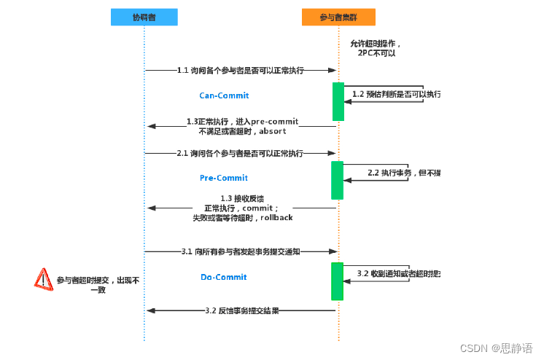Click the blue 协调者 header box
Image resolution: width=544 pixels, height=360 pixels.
tap(144, 17)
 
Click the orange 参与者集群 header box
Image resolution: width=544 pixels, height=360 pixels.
tap(338, 17)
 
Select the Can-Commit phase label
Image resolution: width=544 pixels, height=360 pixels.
tap(224, 95)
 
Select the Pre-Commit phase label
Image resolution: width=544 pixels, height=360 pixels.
tap(224, 178)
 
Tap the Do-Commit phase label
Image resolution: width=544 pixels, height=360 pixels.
tap(224, 277)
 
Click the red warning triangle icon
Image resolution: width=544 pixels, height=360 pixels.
tap(44, 279)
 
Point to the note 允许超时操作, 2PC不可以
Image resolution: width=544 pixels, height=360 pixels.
tap(376, 49)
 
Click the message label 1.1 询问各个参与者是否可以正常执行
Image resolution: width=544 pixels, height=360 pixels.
tap(241, 71)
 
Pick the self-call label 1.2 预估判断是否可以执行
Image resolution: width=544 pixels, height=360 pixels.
tap(396, 94)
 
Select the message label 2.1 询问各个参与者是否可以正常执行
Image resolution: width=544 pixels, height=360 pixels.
tap(241, 154)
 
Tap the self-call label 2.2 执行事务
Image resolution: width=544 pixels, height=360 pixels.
tap(403, 173)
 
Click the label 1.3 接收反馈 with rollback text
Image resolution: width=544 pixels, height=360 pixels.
tap(242, 208)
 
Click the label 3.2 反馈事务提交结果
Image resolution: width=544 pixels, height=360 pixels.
tap(242, 310)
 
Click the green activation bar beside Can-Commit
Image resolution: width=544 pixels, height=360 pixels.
tap(338, 101)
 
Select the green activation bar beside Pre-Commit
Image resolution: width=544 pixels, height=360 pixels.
tap(338, 180)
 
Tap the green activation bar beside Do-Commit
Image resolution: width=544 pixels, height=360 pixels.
tap(338, 281)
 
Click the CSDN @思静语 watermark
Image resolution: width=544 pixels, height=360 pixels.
tap(501, 348)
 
